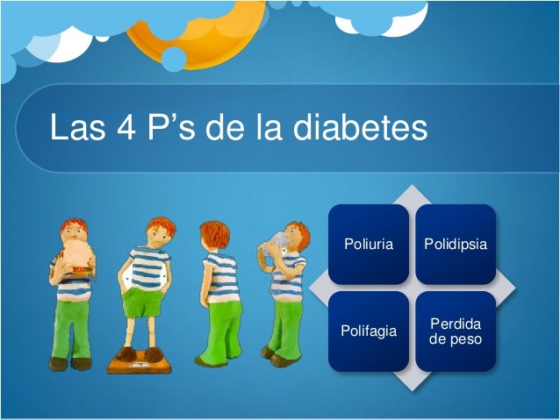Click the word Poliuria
pyautogui.click(x=369, y=244)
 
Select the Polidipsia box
pyautogui.click(x=455, y=244)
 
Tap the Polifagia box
pyautogui.click(x=369, y=331)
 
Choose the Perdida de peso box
pyautogui.click(x=455, y=331)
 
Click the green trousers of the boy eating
pyautogui.click(x=75, y=324)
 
